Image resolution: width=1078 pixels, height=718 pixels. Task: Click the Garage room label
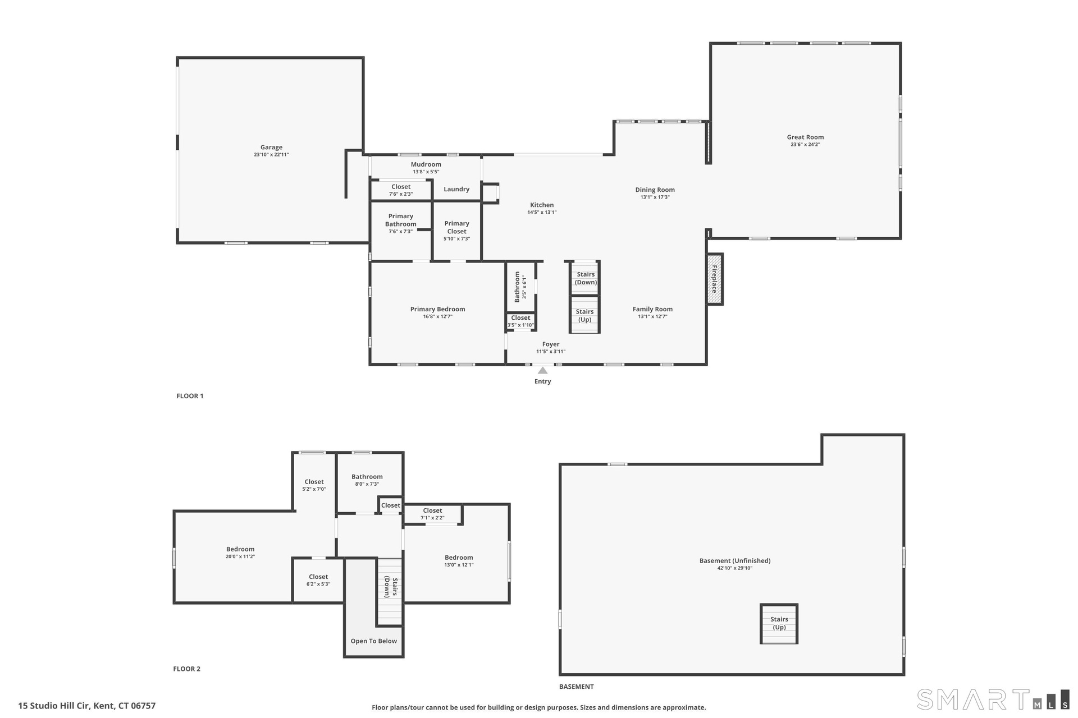point(271,148)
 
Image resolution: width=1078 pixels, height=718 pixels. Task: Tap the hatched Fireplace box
point(714,279)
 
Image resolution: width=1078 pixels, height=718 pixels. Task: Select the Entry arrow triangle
point(542,370)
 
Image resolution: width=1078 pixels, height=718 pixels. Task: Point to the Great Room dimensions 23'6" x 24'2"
point(805,145)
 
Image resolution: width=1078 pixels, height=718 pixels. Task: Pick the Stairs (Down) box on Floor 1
point(586,278)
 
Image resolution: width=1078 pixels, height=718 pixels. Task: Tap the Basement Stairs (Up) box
point(779,624)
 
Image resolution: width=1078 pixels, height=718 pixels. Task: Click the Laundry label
point(456,189)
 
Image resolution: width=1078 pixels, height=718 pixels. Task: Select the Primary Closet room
point(457,231)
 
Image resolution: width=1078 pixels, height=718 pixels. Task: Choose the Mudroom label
point(426,164)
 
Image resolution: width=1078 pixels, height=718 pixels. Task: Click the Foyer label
point(551,344)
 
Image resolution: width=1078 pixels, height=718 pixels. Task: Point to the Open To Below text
point(374,641)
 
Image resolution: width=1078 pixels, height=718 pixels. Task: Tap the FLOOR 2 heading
point(186,669)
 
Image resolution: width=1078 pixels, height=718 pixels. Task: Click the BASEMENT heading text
point(576,687)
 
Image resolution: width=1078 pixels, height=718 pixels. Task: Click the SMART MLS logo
point(993,699)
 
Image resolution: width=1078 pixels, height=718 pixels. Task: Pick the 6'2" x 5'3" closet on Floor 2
point(318,580)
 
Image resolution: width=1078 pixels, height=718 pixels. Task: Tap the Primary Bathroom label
point(401,220)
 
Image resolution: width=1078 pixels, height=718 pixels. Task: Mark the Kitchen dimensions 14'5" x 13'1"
point(542,213)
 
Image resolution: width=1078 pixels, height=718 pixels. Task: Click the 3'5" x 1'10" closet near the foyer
point(520,321)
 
